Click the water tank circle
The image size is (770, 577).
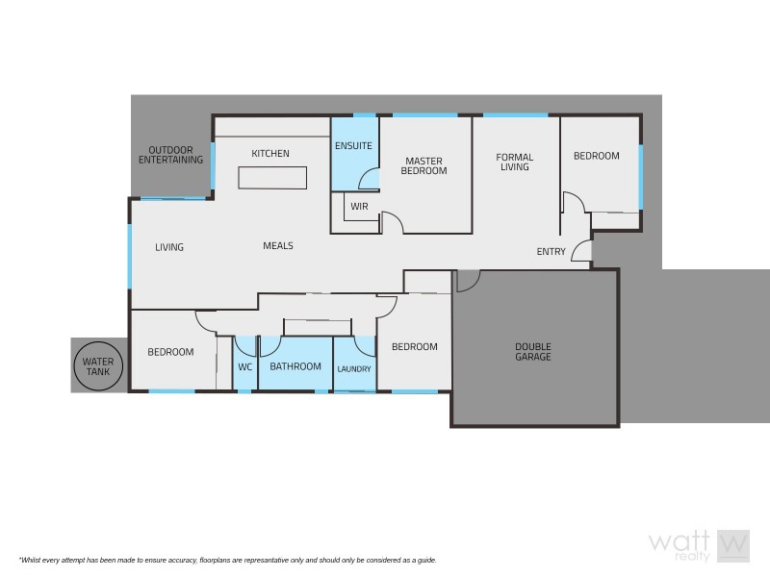click(97, 365)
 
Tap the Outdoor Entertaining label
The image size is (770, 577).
click(170, 155)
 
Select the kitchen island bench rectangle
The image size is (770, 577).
click(272, 179)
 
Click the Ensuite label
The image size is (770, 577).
click(353, 146)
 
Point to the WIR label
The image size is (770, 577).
click(359, 207)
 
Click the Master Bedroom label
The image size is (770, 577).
click(425, 165)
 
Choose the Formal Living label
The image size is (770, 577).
click(514, 162)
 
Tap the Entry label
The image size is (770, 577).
click(551, 252)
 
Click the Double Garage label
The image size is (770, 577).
click(532, 351)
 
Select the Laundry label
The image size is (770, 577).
click(353, 368)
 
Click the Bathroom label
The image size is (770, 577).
click(295, 366)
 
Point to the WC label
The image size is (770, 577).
click(244, 366)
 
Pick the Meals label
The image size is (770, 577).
click(277, 246)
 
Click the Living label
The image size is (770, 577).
click(169, 247)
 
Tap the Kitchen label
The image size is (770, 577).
click(270, 154)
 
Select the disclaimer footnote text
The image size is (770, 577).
click(227, 560)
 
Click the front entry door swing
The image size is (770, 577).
click(581, 252)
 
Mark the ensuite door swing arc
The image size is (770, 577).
click(367, 178)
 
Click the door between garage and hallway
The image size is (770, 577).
click(465, 280)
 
